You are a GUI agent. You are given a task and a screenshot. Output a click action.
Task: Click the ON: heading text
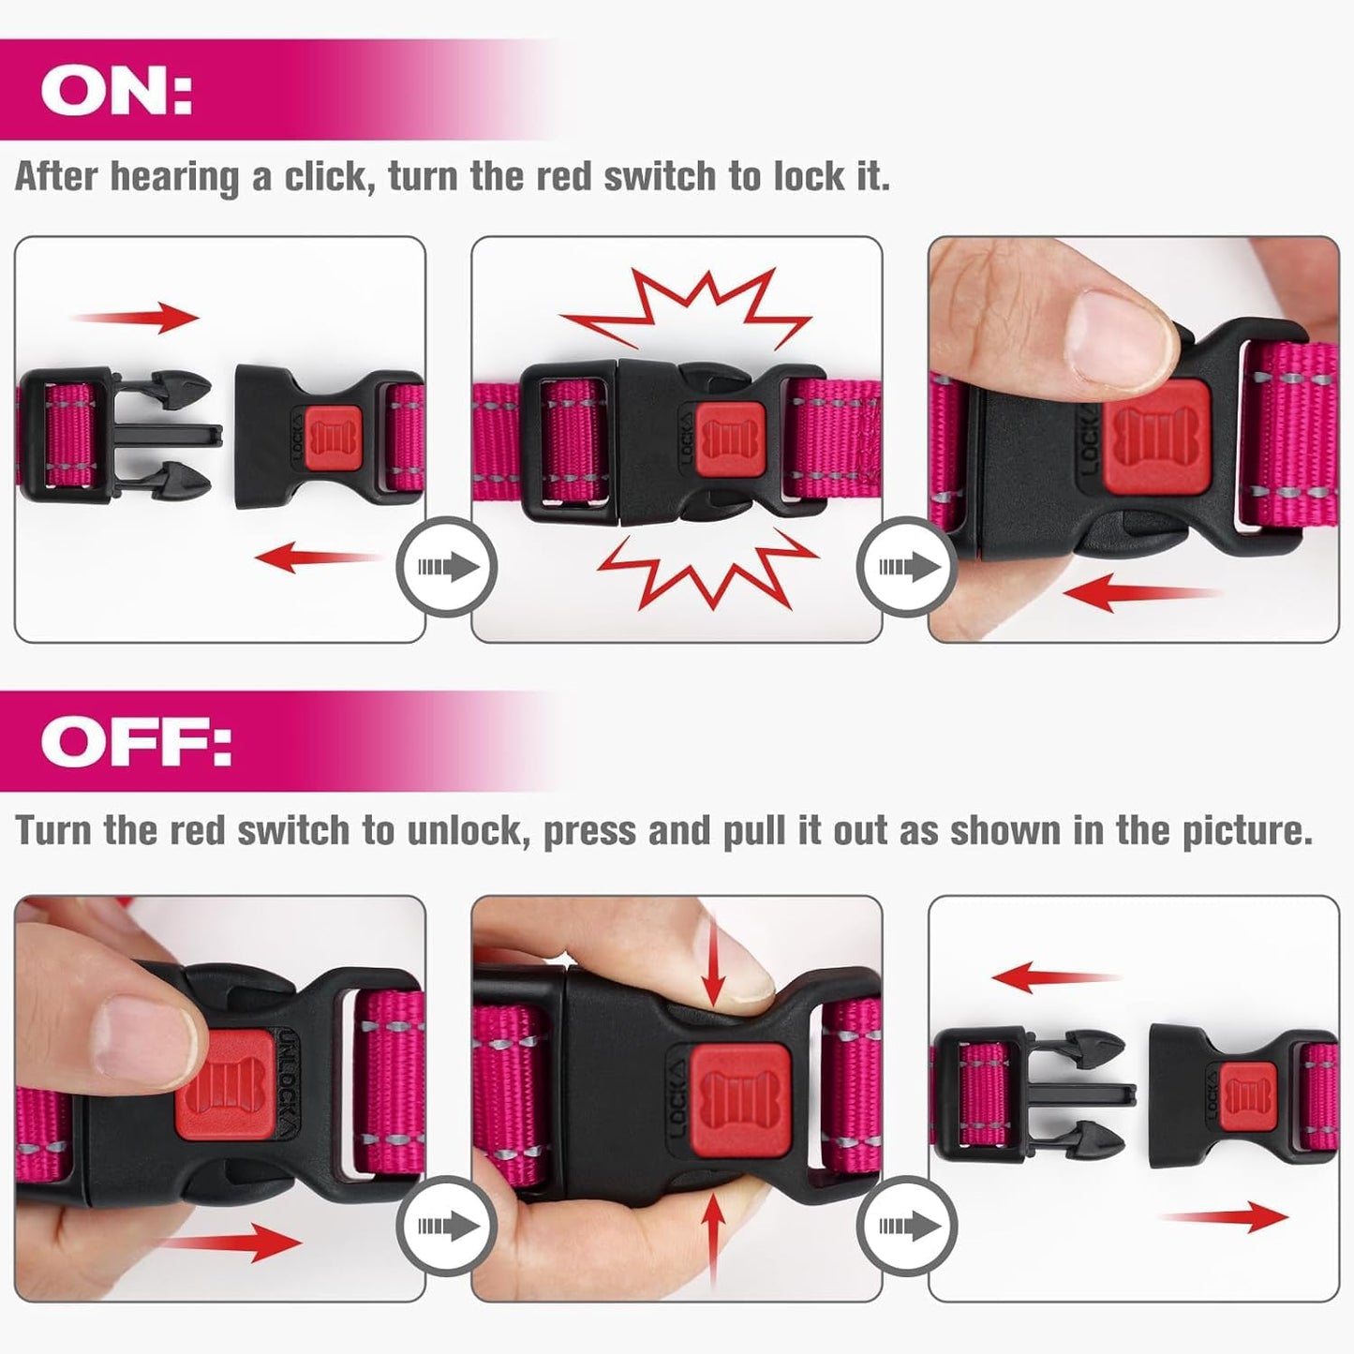(116, 91)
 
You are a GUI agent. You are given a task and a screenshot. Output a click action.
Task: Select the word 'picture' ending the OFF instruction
(1247, 831)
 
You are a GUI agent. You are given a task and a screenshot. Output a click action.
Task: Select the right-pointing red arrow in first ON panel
(141, 318)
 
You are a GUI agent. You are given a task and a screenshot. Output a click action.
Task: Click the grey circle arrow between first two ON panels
(447, 567)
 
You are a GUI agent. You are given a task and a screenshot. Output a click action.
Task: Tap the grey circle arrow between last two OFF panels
(906, 1225)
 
